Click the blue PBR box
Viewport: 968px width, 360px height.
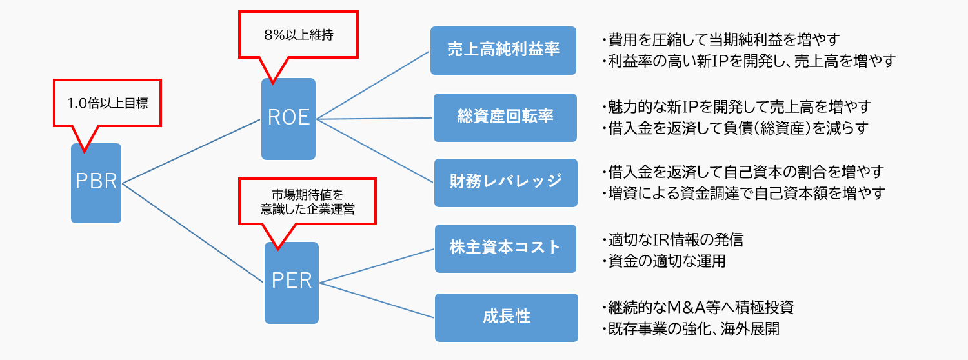96,183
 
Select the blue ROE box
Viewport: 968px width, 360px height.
288,119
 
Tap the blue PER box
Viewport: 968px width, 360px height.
292,283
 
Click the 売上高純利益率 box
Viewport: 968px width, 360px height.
503,50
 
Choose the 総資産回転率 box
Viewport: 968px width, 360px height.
504,117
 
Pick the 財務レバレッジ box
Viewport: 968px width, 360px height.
505,183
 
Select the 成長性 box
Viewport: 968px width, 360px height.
506,317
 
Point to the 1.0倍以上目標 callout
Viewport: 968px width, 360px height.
107,103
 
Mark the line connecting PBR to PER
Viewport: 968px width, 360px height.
194,232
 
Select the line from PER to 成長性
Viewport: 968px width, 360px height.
378,300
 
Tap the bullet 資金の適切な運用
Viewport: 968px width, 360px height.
667,261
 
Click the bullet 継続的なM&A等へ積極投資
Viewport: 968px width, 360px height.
697,307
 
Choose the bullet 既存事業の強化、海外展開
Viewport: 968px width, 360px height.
690,329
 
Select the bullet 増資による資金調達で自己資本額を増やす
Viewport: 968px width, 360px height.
742,193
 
